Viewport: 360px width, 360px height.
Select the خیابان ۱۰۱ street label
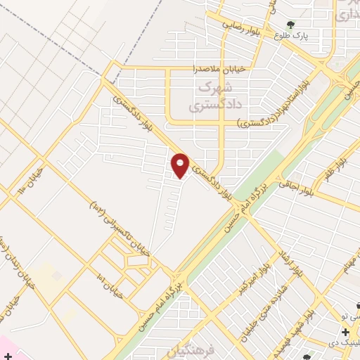click(x=112, y=287)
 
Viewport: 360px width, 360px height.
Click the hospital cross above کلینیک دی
click(x=345, y=332)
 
